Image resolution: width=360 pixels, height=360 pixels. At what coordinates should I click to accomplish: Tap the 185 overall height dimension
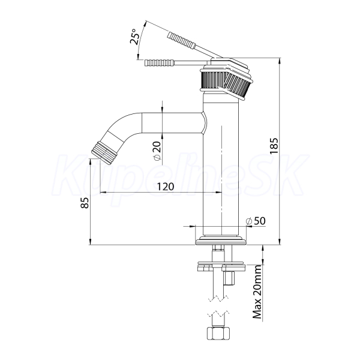tap(274, 146)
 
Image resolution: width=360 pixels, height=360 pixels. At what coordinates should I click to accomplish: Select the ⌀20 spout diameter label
tap(157, 151)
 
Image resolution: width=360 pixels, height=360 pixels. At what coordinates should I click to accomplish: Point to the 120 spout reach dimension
tap(166, 187)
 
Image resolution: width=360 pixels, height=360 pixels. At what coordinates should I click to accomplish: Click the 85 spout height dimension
tap(85, 203)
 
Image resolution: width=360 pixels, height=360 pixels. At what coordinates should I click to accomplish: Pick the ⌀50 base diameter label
tap(256, 221)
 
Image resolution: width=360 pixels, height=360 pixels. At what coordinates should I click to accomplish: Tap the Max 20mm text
tap(257, 292)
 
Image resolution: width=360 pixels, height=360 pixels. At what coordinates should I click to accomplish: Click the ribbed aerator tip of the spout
tap(103, 152)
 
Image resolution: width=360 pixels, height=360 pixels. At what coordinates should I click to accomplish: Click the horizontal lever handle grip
tap(160, 62)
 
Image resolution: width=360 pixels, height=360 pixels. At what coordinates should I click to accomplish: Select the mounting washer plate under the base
tap(221, 262)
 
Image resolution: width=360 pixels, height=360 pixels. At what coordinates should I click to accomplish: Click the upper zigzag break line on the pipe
tap(218, 298)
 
